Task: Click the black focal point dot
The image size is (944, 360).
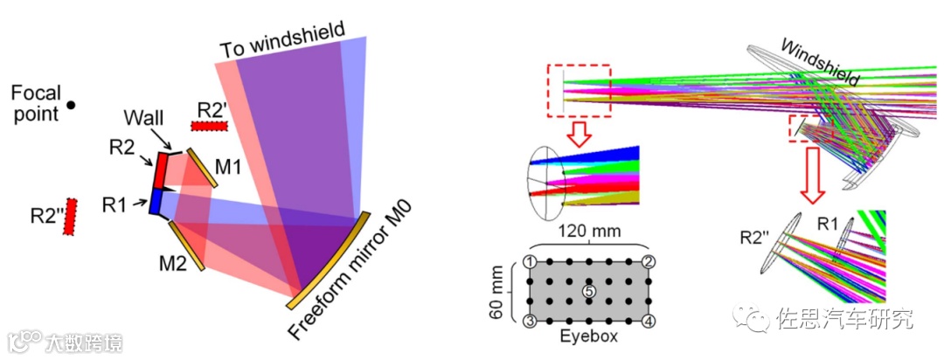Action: coord(72,105)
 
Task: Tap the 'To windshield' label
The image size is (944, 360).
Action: coord(282,38)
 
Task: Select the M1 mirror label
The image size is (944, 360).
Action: coord(230,166)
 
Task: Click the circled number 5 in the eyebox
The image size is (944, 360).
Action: coord(588,290)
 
